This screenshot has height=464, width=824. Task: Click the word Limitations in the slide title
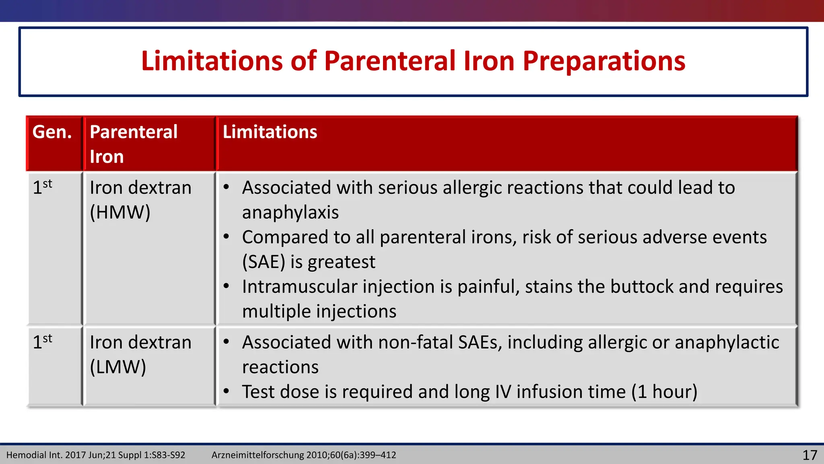pyautogui.click(x=212, y=61)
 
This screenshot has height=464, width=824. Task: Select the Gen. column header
pyautogui.click(x=52, y=132)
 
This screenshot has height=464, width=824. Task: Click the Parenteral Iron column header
pyautogui.click(x=134, y=144)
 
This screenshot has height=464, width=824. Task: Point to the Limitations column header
pyautogui.click(x=270, y=132)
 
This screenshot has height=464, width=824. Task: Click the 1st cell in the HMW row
pyautogui.click(x=42, y=187)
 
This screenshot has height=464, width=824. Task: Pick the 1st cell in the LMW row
pyautogui.click(x=42, y=342)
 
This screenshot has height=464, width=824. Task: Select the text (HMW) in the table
pyautogui.click(x=120, y=212)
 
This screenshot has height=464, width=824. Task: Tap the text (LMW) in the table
pyautogui.click(x=118, y=367)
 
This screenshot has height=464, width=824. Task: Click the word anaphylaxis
pyautogui.click(x=290, y=213)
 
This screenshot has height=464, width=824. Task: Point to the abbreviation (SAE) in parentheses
pyautogui.click(x=264, y=262)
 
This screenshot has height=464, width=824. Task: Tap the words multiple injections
pyautogui.click(x=319, y=312)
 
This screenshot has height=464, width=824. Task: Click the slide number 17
pyautogui.click(x=810, y=455)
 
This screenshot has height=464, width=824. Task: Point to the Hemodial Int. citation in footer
pyautogui.click(x=96, y=455)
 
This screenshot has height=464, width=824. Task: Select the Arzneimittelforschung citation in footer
pyautogui.click(x=304, y=455)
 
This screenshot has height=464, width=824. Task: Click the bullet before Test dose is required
pyautogui.click(x=227, y=391)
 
